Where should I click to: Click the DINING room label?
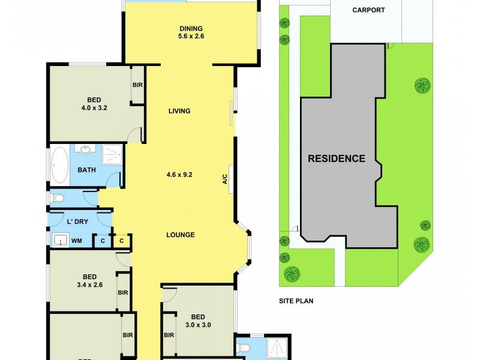coord(191,28)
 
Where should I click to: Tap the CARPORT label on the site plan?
coord(368,10)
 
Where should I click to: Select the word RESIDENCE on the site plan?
coord(337,159)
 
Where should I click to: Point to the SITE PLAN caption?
coord(296,301)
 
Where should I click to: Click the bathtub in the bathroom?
coord(60,165)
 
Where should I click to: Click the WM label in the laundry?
coord(76,241)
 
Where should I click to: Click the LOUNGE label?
coord(180,235)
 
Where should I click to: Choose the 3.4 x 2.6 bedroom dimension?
coord(90,285)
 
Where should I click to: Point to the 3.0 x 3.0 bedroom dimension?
coord(198,326)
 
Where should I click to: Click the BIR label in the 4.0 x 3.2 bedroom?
coord(137,85)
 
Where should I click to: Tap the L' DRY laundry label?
coord(78,222)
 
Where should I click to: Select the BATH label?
coord(86,170)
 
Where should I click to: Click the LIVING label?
coord(179,111)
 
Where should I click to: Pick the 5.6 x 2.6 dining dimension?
coord(191,37)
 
